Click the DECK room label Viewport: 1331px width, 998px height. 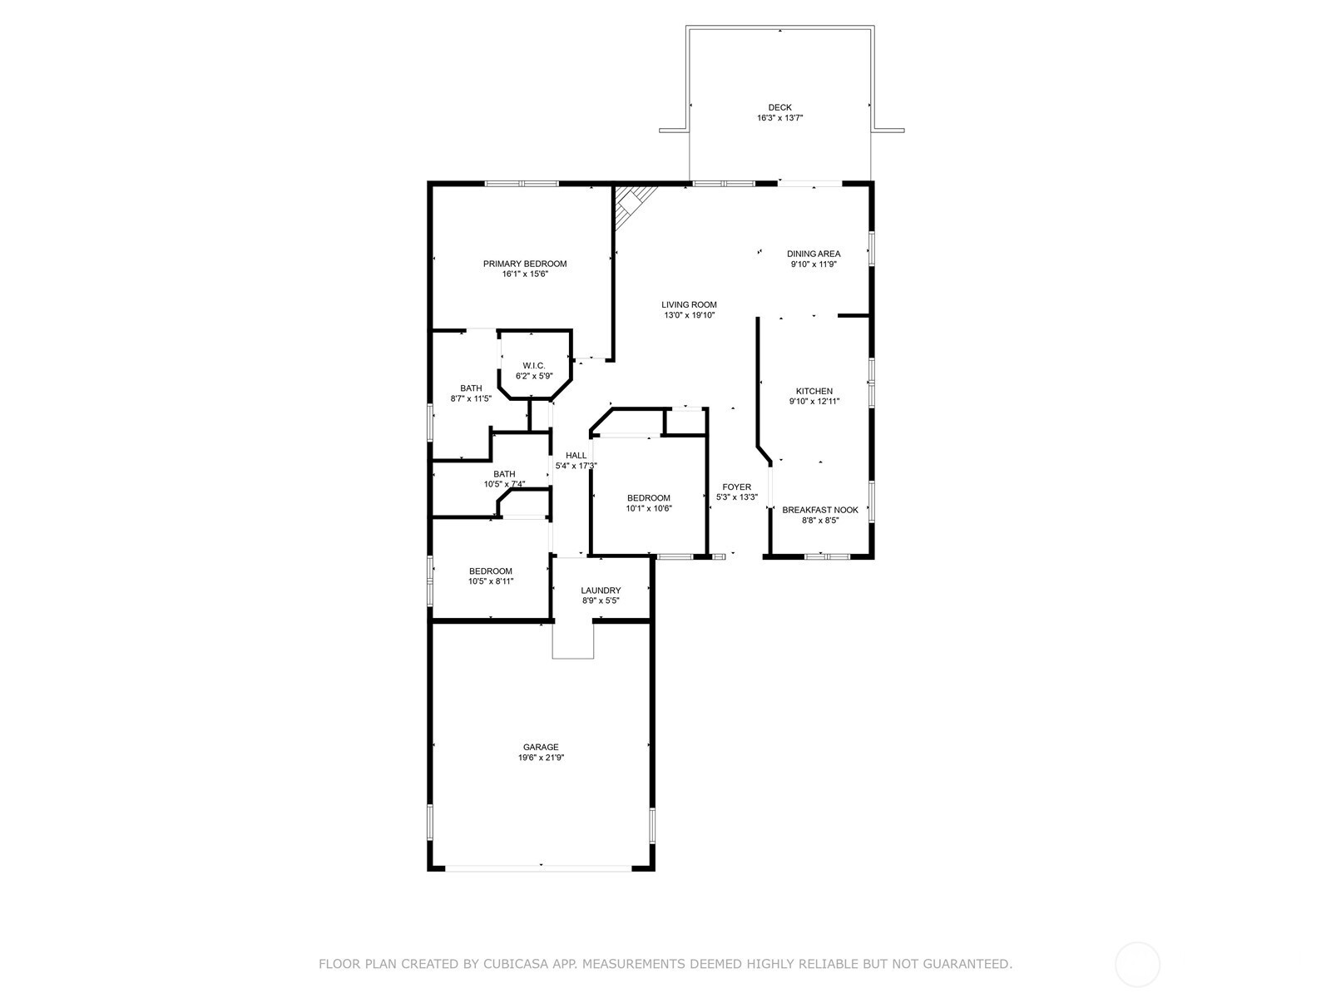(779, 107)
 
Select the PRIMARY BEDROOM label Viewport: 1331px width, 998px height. (525, 264)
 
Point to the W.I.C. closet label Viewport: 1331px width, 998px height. (534, 366)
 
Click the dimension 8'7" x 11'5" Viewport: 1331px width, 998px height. (471, 398)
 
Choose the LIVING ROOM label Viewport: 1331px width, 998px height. (689, 304)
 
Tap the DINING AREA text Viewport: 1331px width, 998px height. (814, 254)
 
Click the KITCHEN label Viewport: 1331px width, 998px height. (814, 391)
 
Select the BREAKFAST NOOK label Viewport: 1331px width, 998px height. (820, 510)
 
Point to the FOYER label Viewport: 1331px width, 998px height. (736, 487)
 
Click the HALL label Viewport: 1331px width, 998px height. (576, 455)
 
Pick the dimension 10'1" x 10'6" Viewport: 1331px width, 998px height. (649, 508)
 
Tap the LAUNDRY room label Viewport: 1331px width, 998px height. (601, 590)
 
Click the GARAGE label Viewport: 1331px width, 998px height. (541, 747)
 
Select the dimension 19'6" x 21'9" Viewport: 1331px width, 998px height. (541, 758)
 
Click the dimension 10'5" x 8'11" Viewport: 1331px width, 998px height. (491, 581)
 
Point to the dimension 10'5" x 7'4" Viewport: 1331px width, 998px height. (504, 484)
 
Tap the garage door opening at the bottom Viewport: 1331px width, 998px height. (539, 867)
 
